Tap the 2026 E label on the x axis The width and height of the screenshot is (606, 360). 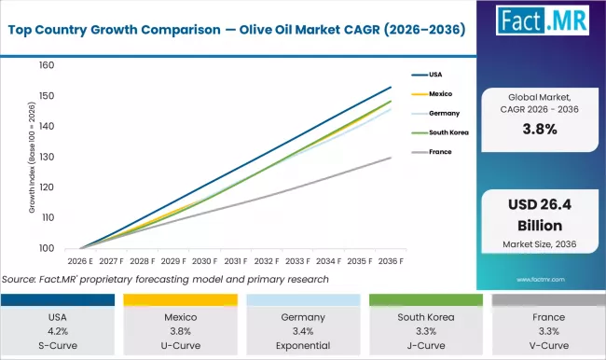[x=81, y=261]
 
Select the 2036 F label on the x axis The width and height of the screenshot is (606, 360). [x=391, y=261]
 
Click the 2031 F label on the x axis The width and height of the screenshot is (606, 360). [x=236, y=261]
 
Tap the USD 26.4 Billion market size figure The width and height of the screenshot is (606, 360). [x=538, y=216]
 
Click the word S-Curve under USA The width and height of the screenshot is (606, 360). [x=61, y=344]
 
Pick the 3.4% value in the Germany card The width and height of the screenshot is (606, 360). [x=302, y=331]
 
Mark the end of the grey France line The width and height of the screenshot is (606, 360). [x=391, y=158]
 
